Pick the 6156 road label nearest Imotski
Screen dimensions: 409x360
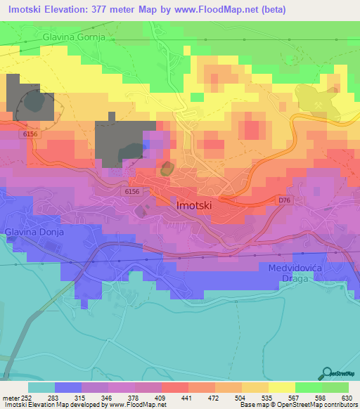point(131,191)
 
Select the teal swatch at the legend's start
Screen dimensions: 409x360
point(41,387)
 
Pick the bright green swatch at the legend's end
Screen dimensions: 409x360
point(335,387)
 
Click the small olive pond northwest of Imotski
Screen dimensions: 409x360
point(167,169)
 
